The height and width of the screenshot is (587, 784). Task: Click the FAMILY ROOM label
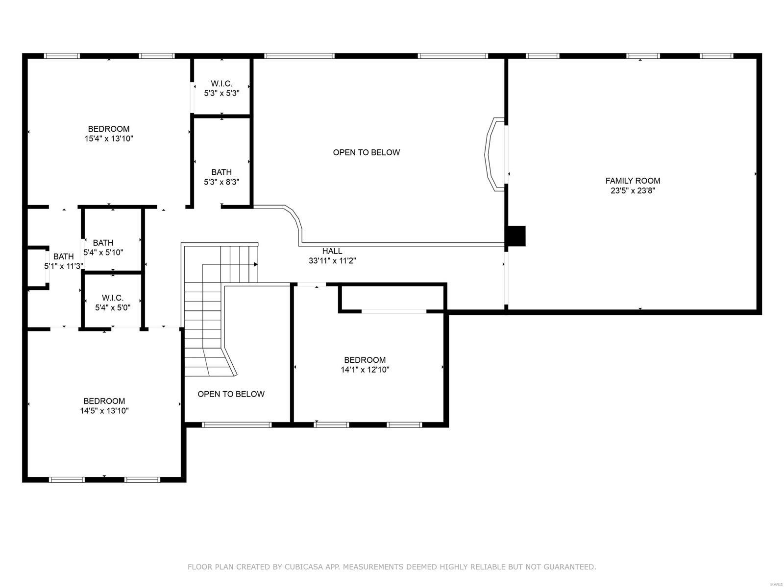click(633, 181)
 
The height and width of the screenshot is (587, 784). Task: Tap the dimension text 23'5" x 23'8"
click(633, 190)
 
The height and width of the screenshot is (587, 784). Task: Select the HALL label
click(332, 251)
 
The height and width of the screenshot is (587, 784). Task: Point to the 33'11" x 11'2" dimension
click(332, 261)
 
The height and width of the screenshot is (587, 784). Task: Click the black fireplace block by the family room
click(516, 235)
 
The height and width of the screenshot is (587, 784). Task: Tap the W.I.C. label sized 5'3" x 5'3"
click(221, 84)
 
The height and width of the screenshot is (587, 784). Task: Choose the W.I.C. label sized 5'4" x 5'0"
click(113, 298)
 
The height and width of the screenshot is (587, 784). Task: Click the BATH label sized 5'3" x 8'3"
click(221, 172)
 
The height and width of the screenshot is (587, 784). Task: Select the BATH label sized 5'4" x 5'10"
click(103, 243)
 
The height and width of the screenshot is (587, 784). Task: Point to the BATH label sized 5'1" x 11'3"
click(64, 257)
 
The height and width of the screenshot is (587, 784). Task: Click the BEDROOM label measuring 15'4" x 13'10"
click(109, 129)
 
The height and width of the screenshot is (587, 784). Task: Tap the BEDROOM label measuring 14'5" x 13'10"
click(104, 401)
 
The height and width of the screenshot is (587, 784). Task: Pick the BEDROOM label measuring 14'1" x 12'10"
click(365, 360)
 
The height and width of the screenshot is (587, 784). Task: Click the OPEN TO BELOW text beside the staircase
click(231, 394)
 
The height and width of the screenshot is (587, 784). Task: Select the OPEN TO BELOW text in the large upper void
click(367, 152)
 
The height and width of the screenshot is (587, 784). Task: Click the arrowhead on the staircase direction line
click(256, 264)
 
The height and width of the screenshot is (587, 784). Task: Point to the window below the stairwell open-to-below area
click(237, 424)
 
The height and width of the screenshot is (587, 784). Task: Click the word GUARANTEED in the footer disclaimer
click(568, 567)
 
